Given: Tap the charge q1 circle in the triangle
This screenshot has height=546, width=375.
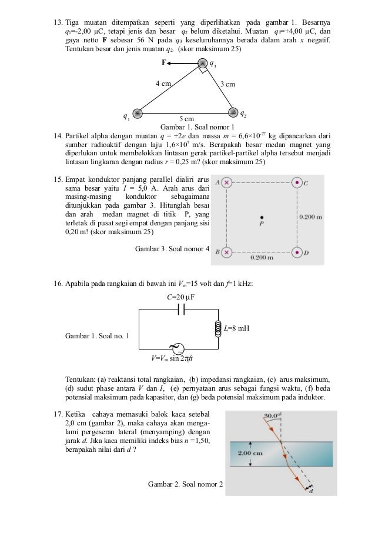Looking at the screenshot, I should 138,114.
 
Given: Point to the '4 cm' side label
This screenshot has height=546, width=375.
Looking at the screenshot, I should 163,84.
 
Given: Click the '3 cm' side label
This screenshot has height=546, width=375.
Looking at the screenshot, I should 227,84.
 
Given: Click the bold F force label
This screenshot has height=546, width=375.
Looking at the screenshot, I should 165,61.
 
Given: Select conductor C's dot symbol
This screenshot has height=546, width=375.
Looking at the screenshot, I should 297,182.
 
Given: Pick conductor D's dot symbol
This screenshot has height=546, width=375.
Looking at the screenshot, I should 297,252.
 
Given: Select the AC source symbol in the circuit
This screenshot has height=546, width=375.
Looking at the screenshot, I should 175,347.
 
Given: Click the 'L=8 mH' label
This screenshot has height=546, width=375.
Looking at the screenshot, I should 236,328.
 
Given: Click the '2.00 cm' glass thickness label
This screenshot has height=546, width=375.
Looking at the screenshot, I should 249,453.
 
